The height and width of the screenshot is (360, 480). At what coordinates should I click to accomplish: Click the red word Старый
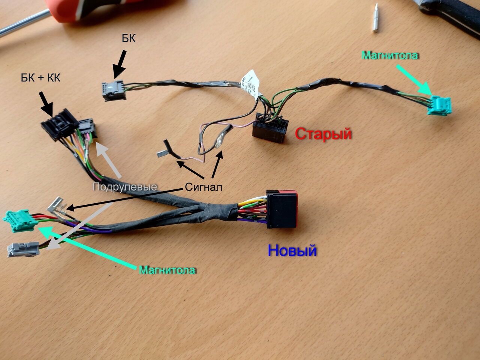[x=323, y=133]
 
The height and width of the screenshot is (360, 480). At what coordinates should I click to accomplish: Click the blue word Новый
[x=292, y=250]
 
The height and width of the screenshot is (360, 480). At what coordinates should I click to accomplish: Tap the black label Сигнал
[x=204, y=187]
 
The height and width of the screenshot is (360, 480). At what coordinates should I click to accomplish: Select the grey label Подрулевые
[x=124, y=187]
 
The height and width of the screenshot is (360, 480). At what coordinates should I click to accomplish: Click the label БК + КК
[x=40, y=78]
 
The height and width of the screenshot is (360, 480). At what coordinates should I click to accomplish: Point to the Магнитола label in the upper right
[x=390, y=55]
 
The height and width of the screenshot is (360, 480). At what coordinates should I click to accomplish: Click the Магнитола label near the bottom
[x=167, y=270]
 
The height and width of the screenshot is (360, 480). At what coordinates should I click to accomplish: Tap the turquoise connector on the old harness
[x=440, y=105]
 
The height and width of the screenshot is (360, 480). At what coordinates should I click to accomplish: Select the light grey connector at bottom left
[x=23, y=249]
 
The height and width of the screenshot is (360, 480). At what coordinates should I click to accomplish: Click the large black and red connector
[x=282, y=209]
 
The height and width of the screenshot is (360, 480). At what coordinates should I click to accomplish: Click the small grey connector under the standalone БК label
[x=114, y=90]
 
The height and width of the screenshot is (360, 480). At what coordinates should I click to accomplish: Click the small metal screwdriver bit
[x=376, y=18]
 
